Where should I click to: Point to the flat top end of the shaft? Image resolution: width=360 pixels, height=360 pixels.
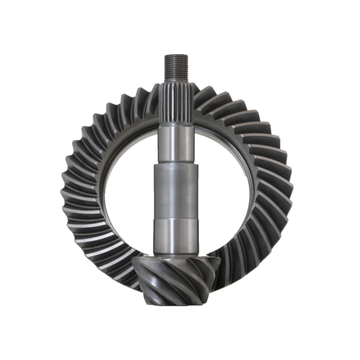pos(175,55)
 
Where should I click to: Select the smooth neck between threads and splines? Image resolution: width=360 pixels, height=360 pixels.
pos(175,82)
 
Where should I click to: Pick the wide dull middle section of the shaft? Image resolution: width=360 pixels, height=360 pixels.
pos(175,190)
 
